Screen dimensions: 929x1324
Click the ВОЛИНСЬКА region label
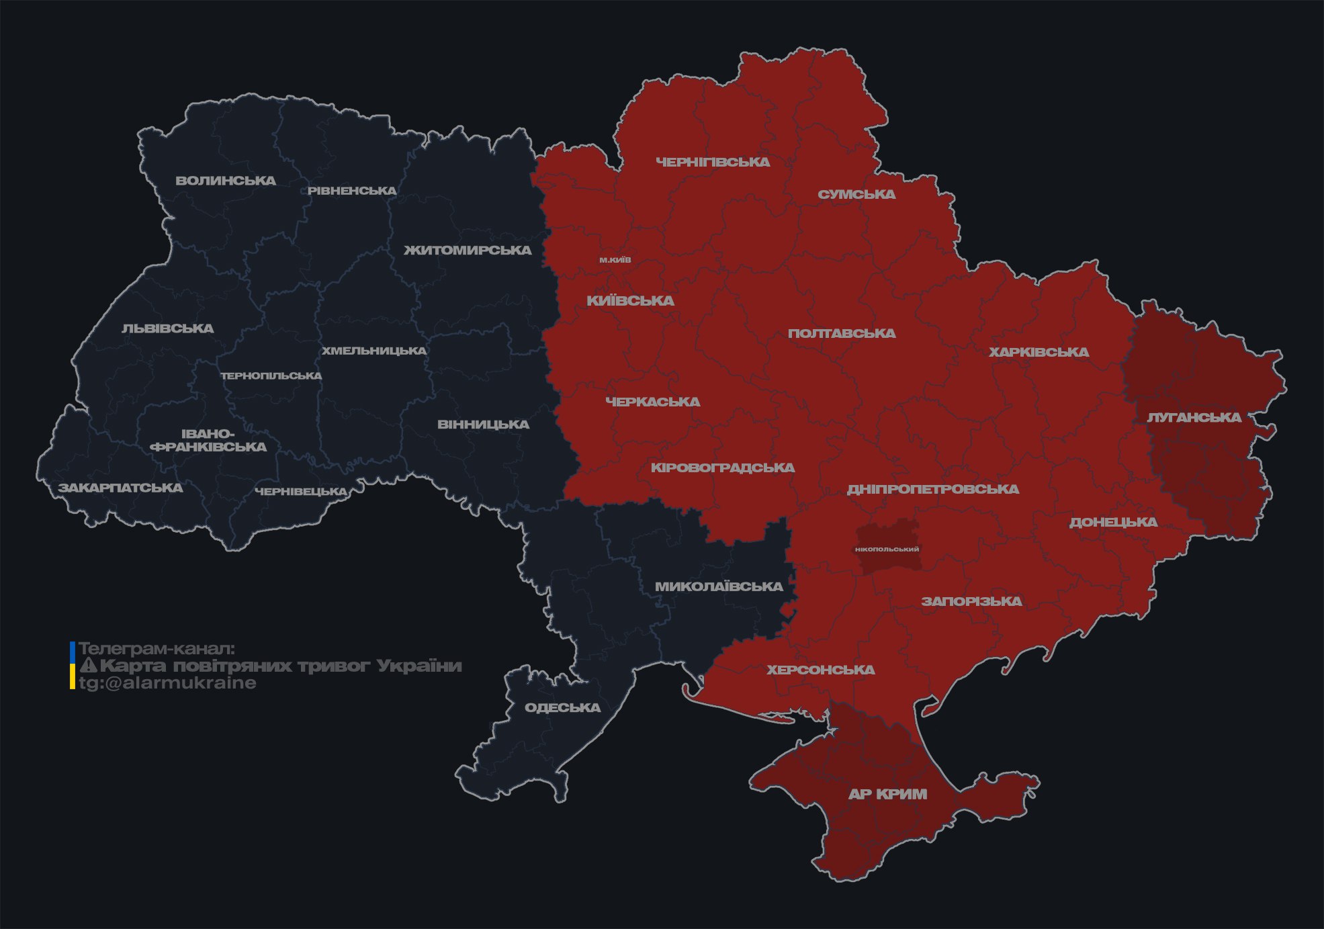[x=226, y=181]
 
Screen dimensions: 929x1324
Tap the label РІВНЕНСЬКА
[x=352, y=191]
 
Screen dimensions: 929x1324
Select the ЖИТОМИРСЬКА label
[x=468, y=251]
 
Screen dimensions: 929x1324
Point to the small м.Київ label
[x=615, y=260]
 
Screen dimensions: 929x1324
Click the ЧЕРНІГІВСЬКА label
[x=713, y=162]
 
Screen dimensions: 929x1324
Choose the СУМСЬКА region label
[x=856, y=195]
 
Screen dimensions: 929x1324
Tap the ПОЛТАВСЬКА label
[x=842, y=334]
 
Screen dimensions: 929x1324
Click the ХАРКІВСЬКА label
[x=1039, y=353]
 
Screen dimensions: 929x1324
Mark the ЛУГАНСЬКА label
[x=1194, y=418]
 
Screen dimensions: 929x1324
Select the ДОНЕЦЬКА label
[x=1113, y=523]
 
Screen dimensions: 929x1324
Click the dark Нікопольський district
[x=887, y=537]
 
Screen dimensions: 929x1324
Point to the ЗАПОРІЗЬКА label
[x=971, y=602]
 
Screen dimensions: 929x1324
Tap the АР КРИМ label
[x=887, y=795]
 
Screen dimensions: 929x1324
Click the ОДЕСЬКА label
[x=562, y=708]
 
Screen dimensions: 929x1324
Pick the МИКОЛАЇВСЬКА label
[x=719, y=587]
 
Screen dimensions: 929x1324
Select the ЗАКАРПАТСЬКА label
[x=120, y=488]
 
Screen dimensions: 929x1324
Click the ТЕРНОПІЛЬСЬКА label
[x=271, y=376]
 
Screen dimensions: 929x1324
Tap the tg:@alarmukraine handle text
[x=167, y=683]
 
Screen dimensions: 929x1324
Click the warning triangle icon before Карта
[x=89, y=666]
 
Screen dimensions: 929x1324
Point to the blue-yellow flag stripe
[x=73, y=666]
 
